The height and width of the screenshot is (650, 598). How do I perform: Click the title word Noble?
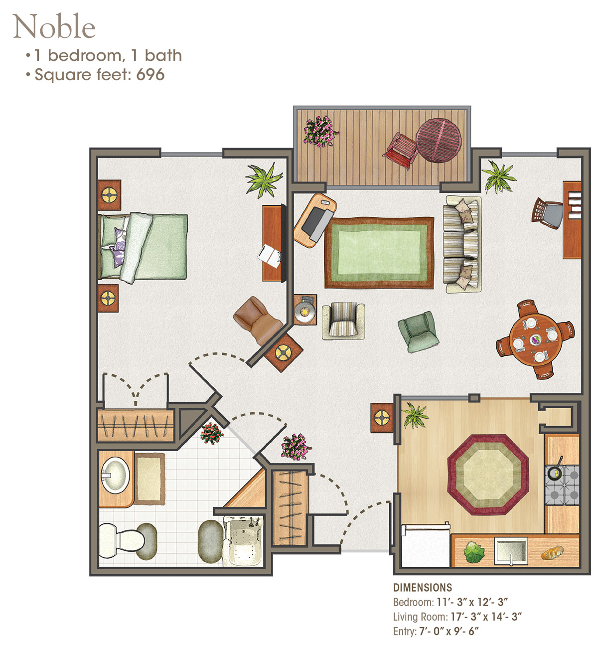coord(54,26)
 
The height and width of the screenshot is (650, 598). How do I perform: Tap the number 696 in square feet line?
coord(150,75)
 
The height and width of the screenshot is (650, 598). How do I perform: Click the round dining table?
coord(535,339)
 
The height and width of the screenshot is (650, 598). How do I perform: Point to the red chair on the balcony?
coord(400,150)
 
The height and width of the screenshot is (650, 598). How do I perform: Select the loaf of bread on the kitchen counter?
coord(553,552)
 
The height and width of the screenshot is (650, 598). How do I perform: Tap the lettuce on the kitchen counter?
coord(474,552)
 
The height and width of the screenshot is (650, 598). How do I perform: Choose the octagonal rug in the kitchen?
coord(488,475)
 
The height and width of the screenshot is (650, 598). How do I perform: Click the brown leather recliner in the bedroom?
coord(258,321)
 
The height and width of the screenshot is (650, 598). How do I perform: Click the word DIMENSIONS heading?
coord(423,588)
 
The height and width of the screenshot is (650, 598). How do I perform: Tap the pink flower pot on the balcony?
coord(320,131)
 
